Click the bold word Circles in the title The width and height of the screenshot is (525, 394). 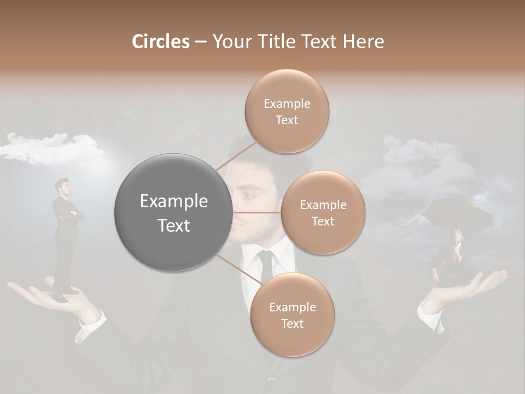pos(160,42)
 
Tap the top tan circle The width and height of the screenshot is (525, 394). pos(287,111)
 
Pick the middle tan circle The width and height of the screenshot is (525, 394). pos(323,212)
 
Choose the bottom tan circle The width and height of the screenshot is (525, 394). pos(292,315)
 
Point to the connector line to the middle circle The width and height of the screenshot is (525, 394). pos(257,212)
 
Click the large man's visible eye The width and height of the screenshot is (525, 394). pos(247,196)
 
